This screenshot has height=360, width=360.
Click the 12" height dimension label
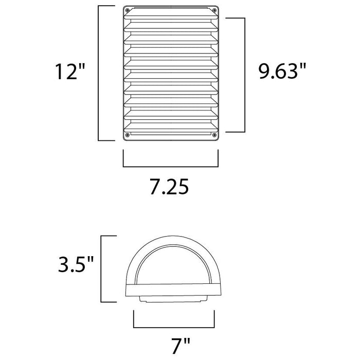[x=70, y=71]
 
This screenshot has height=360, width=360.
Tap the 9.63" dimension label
[x=282, y=71]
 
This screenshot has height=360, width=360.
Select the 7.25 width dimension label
[x=169, y=186]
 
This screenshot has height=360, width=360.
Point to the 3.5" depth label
[x=76, y=264]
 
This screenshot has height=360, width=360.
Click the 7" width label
[x=181, y=346]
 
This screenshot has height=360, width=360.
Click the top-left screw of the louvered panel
[x=128, y=10]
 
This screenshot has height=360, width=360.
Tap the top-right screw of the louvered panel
[x=214, y=10]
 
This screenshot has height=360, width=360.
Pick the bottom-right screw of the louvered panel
[x=214, y=135]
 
